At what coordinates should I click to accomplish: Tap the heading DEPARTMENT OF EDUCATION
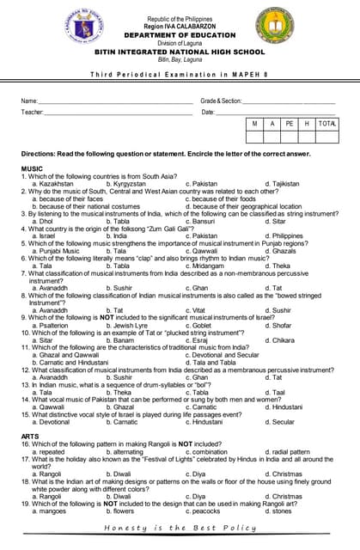coord(179,34)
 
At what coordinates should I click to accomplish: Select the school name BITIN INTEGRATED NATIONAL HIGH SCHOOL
coord(179,51)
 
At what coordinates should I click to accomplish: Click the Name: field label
coord(30,101)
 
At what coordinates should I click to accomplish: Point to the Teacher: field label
coord(33,113)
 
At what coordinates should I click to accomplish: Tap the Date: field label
coord(208,113)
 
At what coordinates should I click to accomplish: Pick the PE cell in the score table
coord(290,125)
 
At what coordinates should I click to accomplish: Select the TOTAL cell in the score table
coord(326,125)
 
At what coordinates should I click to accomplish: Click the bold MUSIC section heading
coord(33,168)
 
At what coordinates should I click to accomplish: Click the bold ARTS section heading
coord(31,437)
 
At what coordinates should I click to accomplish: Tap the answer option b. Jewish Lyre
coord(127,326)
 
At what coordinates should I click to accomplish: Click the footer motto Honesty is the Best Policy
coord(180,528)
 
